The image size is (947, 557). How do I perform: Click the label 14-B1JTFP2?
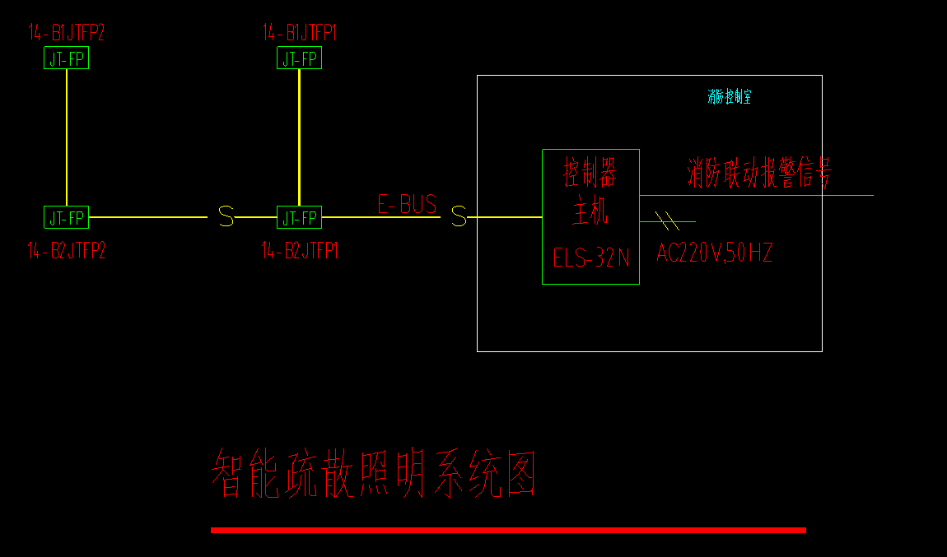click(x=67, y=33)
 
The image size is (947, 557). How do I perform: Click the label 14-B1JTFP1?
click(x=300, y=33)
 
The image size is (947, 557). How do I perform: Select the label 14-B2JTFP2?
click(x=67, y=251)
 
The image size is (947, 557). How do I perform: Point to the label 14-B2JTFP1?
click(x=300, y=251)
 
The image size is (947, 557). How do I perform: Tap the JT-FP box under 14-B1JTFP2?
click(x=66, y=58)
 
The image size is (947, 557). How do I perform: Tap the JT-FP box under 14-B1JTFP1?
click(x=299, y=58)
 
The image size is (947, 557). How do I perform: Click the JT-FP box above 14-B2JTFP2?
click(x=66, y=217)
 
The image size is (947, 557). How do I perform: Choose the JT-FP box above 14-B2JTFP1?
click(x=299, y=217)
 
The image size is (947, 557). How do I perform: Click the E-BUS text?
click(x=407, y=204)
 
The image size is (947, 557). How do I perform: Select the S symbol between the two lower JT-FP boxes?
click(x=226, y=217)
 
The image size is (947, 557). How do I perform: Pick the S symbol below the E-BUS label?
click(x=459, y=217)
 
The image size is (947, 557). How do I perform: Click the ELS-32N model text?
click(x=591, y=258)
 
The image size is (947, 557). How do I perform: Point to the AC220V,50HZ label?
click(x=714, y=253)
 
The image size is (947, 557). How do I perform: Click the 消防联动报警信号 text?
click(x=759, y=174)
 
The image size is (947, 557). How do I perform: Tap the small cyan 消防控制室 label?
click(x=729, y=97)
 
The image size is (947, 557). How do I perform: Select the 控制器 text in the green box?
click(x=590, y=174)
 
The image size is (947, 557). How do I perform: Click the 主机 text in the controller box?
click(x=590, y=211)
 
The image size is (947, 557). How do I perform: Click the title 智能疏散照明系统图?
click(x=375, y=474)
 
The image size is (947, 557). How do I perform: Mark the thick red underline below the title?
click(x=508, y=530)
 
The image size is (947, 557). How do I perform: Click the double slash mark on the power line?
click(x=668, y=220)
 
